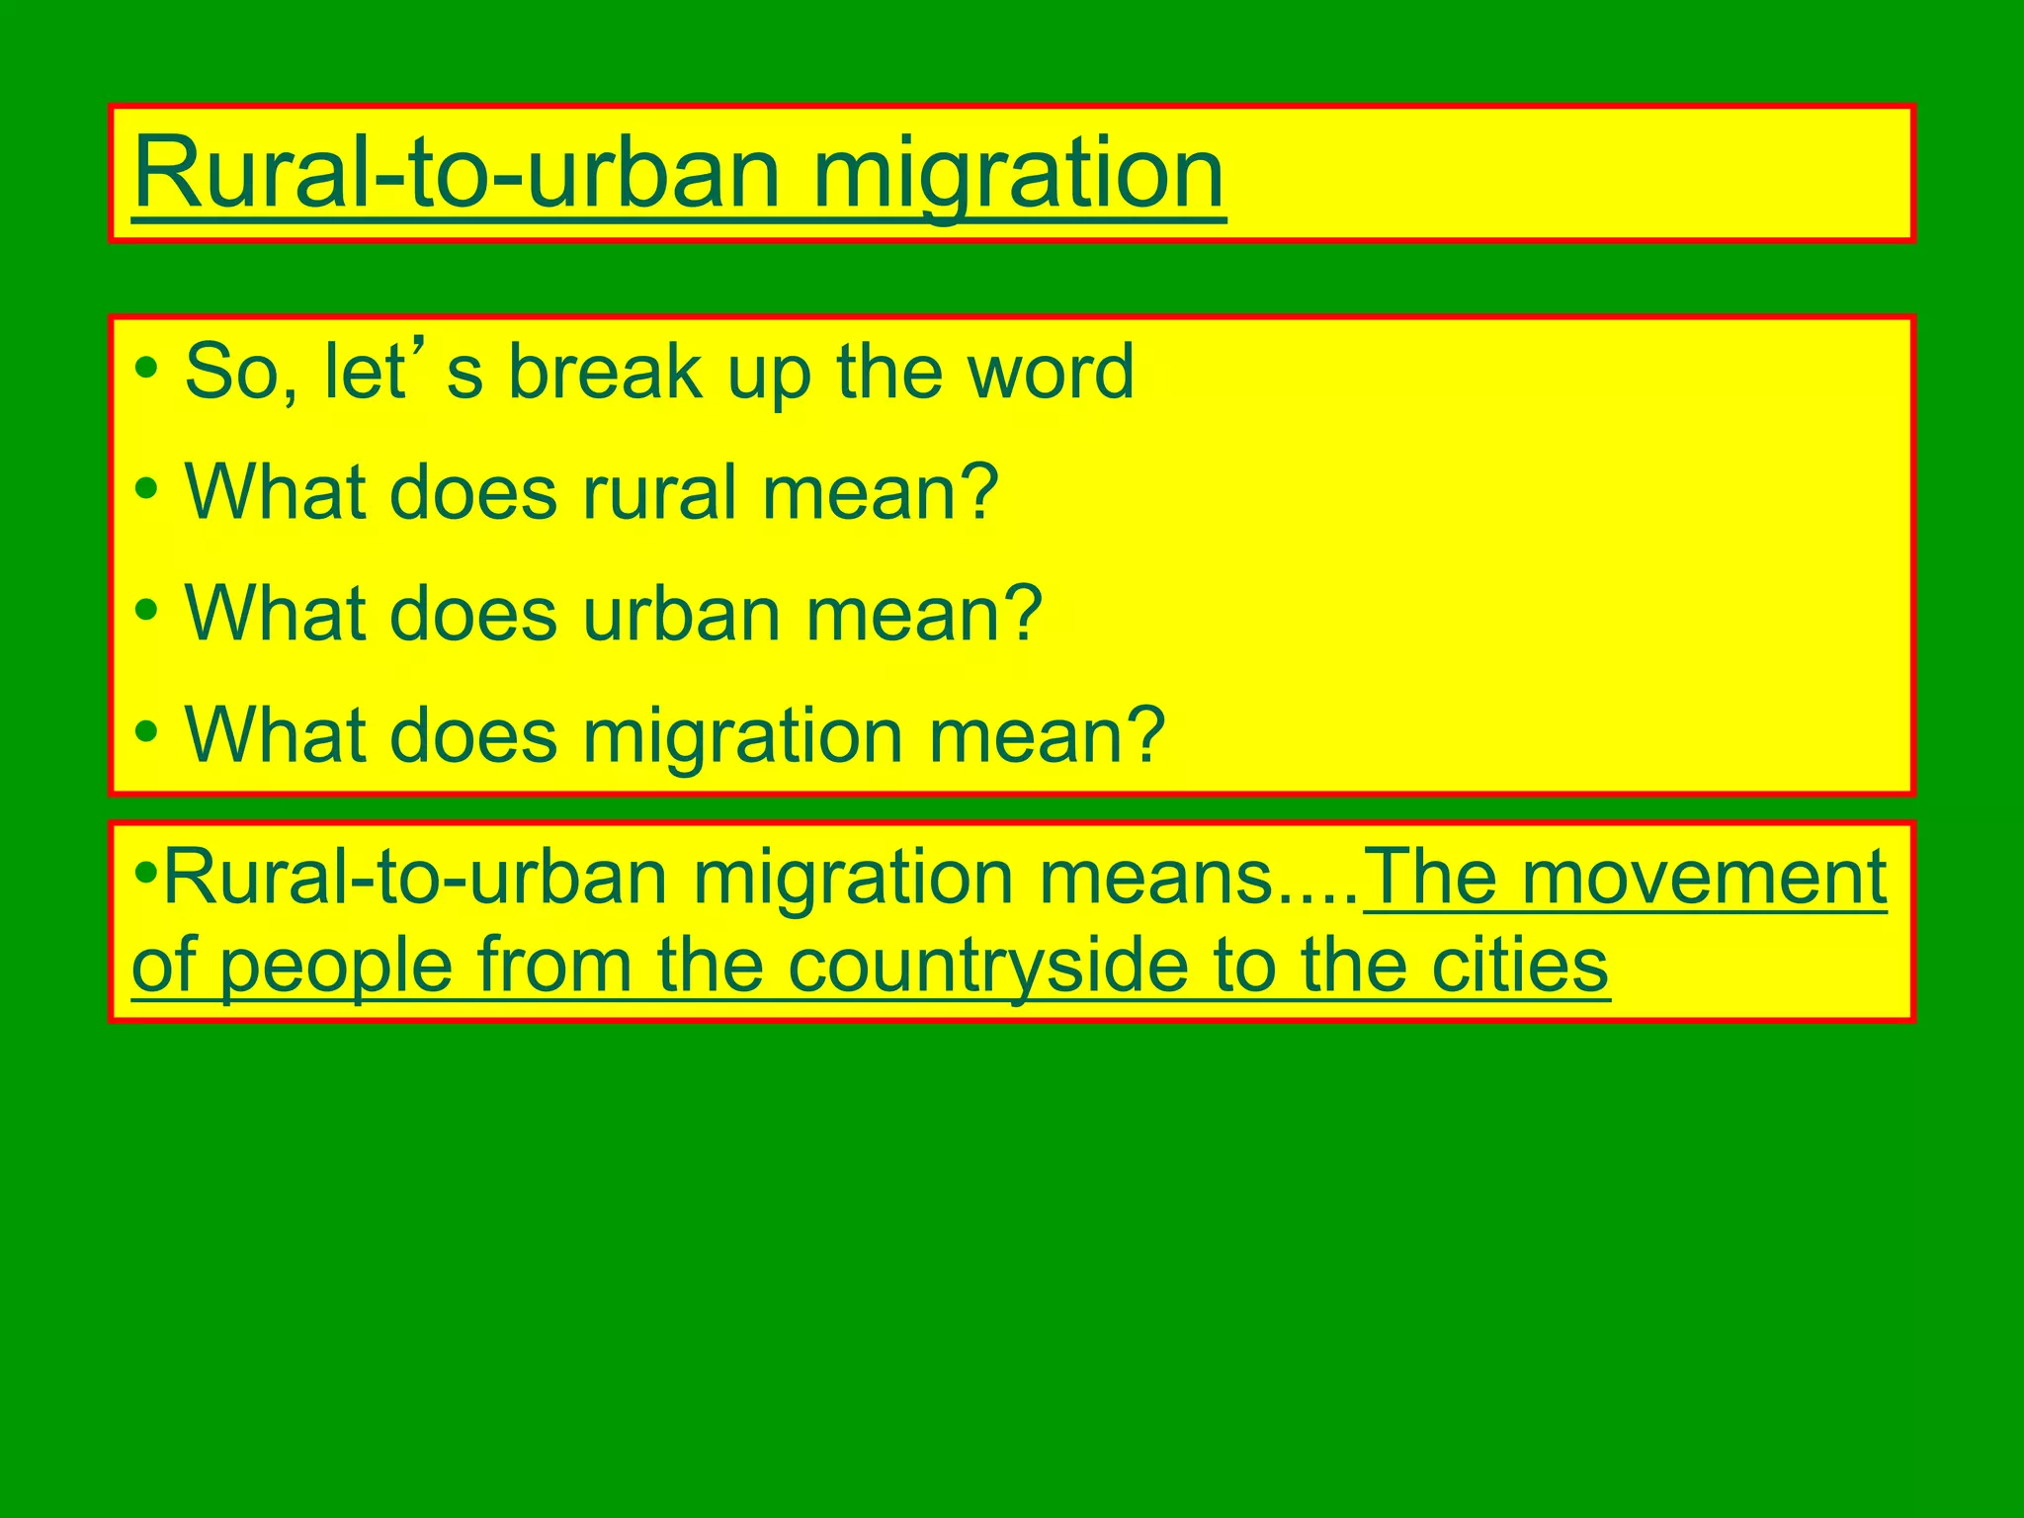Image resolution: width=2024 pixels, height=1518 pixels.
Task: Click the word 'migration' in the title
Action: click(x=1018, y=176)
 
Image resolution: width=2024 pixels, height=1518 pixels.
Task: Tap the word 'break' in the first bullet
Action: click(x=605, y=373)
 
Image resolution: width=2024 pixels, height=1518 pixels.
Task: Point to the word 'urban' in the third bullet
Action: click(x=681, y=615)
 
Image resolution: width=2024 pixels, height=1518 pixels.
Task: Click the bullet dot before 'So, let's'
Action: click(x=147, y=369)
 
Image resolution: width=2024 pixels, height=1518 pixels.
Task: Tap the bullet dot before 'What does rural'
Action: click(x=147, y=488)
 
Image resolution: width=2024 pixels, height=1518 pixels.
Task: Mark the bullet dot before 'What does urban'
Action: click(x=147, y=610)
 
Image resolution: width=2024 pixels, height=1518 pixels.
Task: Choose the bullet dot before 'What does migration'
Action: click(x=147, y=731)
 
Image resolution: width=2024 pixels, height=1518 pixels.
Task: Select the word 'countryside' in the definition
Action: click(x=988, y=966)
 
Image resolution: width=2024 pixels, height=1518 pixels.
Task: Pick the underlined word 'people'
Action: click(x=336, y=968)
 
